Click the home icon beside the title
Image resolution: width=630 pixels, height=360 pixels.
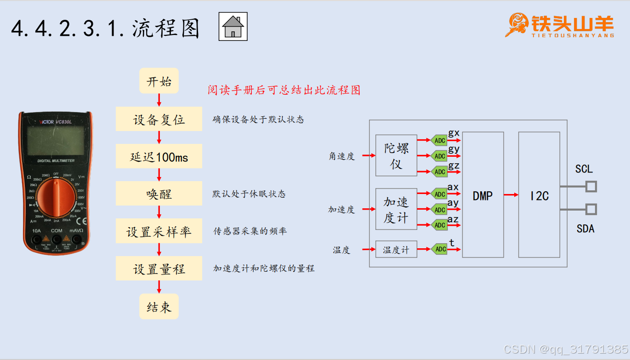233,27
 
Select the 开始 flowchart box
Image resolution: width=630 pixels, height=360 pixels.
159,82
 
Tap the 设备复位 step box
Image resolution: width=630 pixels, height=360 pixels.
159,120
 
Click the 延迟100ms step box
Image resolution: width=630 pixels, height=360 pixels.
159,157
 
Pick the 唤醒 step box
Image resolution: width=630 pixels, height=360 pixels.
159,194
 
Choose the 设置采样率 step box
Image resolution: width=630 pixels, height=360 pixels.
159,231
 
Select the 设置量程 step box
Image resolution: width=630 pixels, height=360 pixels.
159,269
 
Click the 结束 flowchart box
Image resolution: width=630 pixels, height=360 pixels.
159,307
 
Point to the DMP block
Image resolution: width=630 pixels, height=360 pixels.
482,195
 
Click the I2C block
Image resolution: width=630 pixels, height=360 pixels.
539,195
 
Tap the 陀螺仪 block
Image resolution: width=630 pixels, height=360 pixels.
396,155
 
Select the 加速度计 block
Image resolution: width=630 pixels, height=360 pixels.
396,209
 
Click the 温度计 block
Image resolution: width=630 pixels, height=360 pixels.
396,250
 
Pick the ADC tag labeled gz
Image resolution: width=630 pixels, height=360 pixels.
439,171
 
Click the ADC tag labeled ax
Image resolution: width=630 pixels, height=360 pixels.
439,194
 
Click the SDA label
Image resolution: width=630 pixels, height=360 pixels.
585,229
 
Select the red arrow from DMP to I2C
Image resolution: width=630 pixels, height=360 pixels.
511,195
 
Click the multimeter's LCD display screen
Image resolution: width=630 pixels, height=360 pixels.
56,141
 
